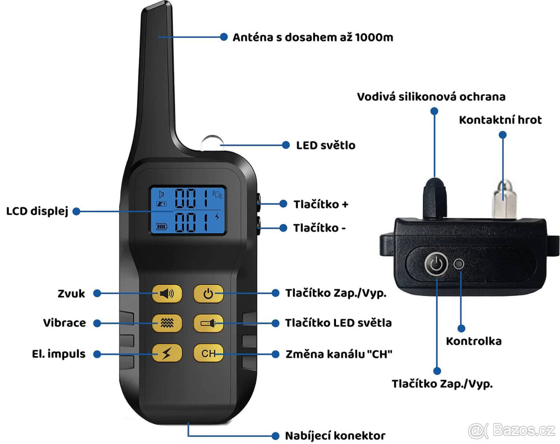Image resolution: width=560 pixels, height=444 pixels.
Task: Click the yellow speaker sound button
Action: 167,294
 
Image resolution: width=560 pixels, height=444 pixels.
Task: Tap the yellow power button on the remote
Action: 209,294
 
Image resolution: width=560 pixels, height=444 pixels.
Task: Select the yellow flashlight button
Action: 209,323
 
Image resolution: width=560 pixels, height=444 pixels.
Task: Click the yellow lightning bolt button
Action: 167,353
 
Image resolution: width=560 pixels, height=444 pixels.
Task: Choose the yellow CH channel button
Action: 209,353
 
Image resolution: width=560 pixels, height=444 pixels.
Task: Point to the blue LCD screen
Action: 188,210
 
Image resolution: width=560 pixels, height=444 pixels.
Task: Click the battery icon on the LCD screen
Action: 161,226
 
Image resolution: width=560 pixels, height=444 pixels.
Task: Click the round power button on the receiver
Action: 436,264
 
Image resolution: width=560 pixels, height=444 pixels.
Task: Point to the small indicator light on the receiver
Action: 459,264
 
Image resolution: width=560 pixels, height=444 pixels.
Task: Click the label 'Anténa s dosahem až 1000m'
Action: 313,37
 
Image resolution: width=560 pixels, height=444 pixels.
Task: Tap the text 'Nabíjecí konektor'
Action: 335,436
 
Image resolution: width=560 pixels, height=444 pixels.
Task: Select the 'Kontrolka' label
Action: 474,341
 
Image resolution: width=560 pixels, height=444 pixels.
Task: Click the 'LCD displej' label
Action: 37,211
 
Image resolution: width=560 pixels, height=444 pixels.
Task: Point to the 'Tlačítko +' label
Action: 321,204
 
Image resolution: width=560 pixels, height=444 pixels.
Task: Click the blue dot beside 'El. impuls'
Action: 97,354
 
